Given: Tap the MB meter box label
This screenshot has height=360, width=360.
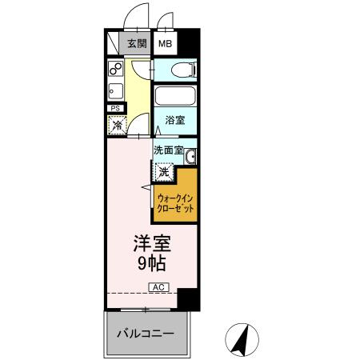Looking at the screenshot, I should (x=165, y=44).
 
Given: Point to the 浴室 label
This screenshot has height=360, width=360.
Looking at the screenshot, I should (x=174, y=121).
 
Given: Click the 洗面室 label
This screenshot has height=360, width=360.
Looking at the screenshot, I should (x=168, y=148).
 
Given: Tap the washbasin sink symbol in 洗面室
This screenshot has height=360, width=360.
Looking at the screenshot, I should (x=190, y=156).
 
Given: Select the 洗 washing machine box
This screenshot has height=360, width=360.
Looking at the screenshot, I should (x=162, y=170).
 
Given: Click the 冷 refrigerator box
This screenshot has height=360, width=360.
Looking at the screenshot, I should (x=117, y=124).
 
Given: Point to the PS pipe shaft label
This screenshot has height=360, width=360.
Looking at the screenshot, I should (x=115, y=108).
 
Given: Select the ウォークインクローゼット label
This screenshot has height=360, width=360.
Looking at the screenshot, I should (x=176, y=202).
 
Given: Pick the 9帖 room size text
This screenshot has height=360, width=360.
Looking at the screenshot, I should (x=150, y=262).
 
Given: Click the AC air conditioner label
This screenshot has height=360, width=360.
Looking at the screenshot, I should (x=158, y=286).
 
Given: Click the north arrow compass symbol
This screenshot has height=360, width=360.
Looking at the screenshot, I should (x=239, y=339).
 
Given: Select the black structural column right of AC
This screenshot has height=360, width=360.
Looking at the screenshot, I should (x=186, y=298).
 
